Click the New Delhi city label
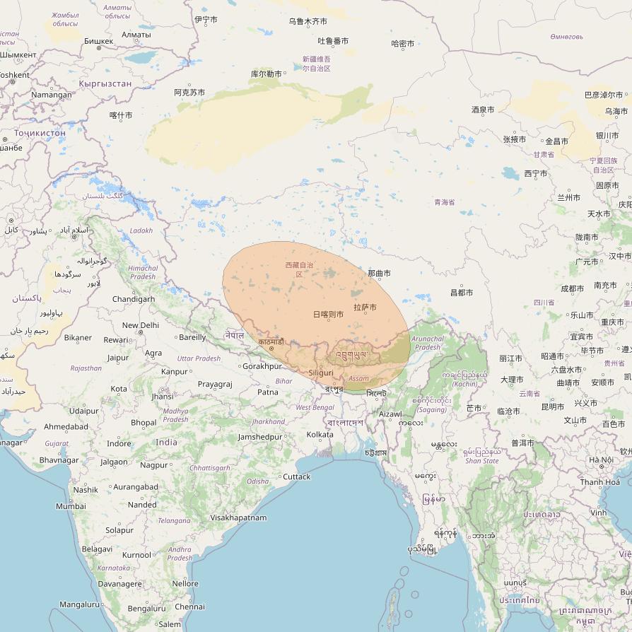tap(141, 325)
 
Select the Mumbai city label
tap(71, 506)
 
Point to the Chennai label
tap(189, 607)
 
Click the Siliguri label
tap(321, 373)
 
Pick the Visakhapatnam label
tap(238, 517)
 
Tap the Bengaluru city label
tap(147, 609)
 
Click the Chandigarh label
tap(133, 299)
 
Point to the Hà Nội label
tap(602, 460)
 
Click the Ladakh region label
tap(141, 230)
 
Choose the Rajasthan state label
tap(86, 368)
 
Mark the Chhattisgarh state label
tap(210, 468)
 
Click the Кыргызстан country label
tap(105, 83)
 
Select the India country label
tap(167, 443)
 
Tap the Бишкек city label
tap(98, 41)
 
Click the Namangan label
tap(51, 95)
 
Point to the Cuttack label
tap(296, 476)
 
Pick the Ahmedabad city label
tap(66, 426)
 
